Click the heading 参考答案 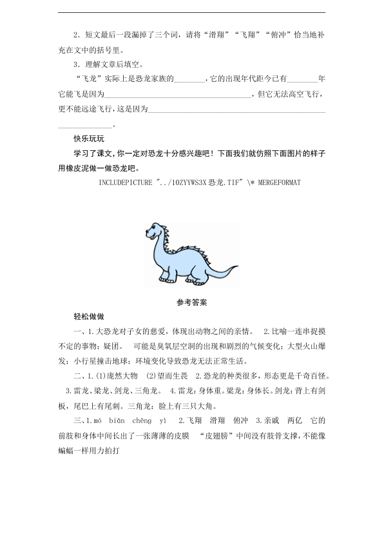[191, 301]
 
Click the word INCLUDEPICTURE [124, 182]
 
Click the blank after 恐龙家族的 [189, 79]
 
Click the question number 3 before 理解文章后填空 [77, 64]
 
